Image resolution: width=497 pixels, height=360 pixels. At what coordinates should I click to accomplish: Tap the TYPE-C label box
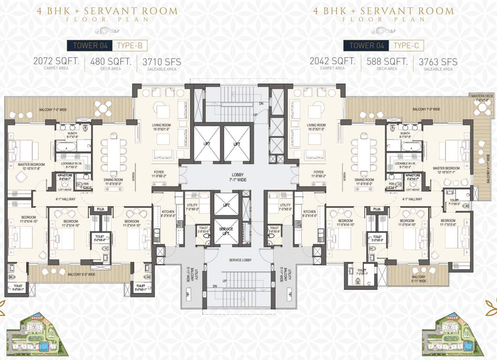(407, 45)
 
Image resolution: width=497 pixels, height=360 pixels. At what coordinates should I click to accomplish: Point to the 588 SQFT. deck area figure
(387, 61)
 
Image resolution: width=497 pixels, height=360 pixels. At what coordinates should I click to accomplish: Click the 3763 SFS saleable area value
(438, 61)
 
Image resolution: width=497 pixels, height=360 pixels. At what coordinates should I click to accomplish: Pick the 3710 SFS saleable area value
(162, 61)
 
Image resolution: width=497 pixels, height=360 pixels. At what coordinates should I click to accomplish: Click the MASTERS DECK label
(482, 98)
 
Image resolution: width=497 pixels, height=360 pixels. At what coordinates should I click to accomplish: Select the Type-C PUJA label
(376, 209)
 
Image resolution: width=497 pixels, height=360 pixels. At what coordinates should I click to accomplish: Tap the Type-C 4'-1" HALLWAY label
(412, 199)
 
